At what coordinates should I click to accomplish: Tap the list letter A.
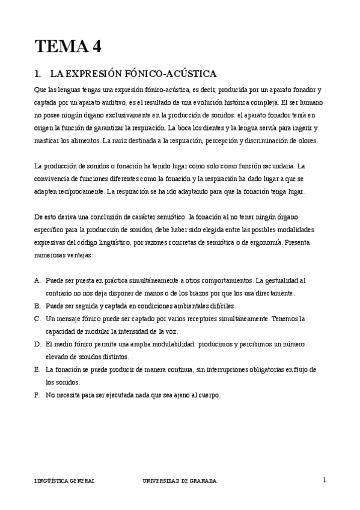[38, 280]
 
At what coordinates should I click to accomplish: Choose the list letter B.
[38, 306]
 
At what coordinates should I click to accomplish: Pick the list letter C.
[38, 318]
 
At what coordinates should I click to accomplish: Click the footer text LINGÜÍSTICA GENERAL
[64, 481]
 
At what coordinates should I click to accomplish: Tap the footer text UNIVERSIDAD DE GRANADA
[180, 481]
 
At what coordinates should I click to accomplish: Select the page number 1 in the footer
[324, 480]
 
